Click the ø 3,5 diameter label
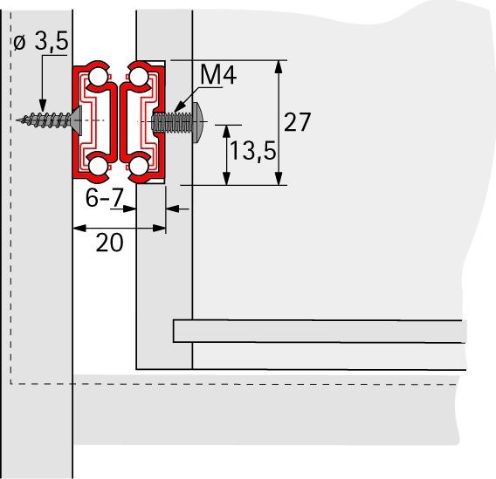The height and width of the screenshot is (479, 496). pos(38,44)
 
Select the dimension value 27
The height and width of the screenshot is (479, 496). pos(297,122)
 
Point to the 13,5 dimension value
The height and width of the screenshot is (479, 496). pos(252,152)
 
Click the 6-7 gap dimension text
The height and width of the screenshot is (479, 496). pos(104,199)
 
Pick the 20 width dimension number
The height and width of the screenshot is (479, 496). pos(109,243)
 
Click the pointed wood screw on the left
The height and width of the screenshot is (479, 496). pos(45,119)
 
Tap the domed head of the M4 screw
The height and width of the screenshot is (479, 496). pos(198,120)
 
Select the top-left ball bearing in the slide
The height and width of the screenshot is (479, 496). pos(98,78)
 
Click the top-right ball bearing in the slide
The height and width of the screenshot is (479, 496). pos(139,78)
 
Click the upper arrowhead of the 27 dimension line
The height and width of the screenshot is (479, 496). pos(279,66)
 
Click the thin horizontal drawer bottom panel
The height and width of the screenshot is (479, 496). pos(319,332)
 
